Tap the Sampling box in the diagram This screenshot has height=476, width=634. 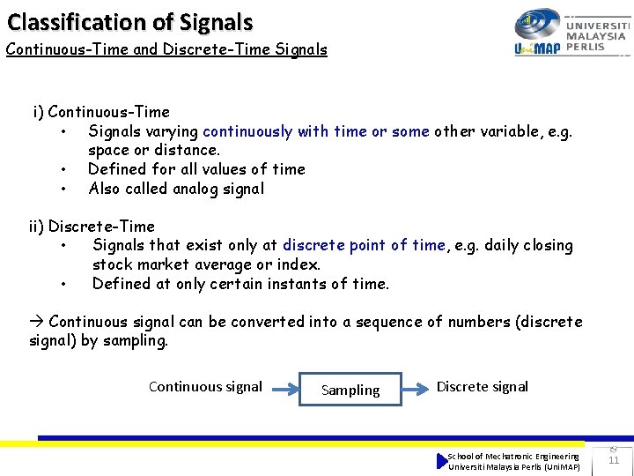click(x=350, y=390)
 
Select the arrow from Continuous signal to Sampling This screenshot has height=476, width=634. click(x=282, y=388)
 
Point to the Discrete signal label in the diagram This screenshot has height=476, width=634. click(x=483, y=386)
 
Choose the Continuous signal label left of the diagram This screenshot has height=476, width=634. click(x=205, y=386)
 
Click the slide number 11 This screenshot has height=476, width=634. click(x=614, y=459)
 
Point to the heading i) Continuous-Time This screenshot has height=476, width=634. click(x=101, y=112)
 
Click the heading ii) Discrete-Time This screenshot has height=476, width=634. click(x=92, y=227)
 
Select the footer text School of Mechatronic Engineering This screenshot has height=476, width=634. click(x=513, y=456)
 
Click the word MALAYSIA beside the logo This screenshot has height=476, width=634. click(x=596, y=36)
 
